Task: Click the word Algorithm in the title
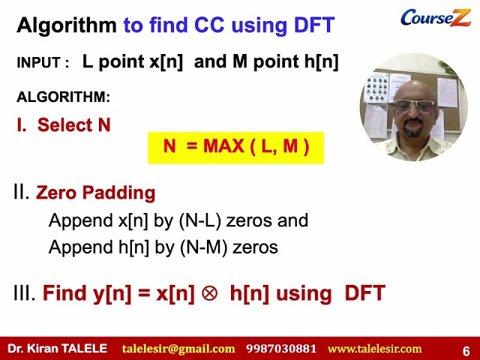[x=67, y=26]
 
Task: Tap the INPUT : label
[x=43, y=64]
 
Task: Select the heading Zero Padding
[x=95, y=193]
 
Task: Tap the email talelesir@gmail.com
[x=178, y=349]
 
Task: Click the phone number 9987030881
[x=281, y=349]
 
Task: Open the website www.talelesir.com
[x=374, y=349]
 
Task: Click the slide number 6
[x=466, y=350]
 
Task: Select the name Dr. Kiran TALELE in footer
[x=58, y=349]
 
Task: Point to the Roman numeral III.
[x=25, y=293]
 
